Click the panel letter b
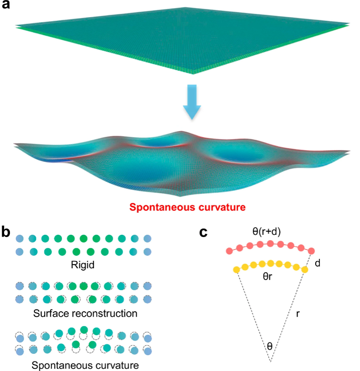[x=7, y=232]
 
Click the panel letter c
[x=204, y=232]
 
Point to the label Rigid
[x=83, y=265]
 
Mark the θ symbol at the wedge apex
[x=270, y=346]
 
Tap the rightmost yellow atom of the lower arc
[x=304, y=270]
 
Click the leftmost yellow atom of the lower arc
[x=236, y=270]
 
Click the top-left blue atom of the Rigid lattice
[x=19, y=238]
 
